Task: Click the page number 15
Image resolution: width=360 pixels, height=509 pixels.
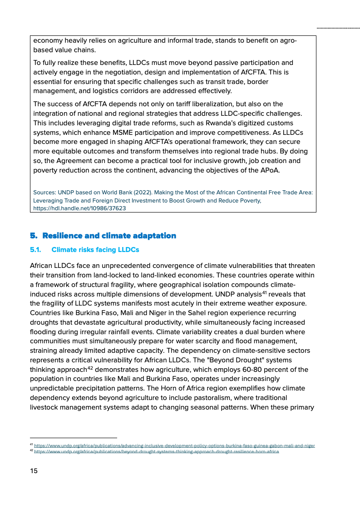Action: [x=34, y=471]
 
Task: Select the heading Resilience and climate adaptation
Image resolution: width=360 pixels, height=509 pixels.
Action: [x=109, y=236]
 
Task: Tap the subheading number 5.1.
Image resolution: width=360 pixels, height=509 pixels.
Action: [x=35, y=250]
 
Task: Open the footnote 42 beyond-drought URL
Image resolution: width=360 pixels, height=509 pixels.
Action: [x=156, y=452]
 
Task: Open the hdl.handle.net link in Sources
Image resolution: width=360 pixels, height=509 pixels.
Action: [x=79, y=208]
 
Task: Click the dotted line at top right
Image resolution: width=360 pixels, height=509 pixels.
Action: [x=338, y=28]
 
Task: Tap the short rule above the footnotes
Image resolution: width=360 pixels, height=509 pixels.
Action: [x=73, y=438]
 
